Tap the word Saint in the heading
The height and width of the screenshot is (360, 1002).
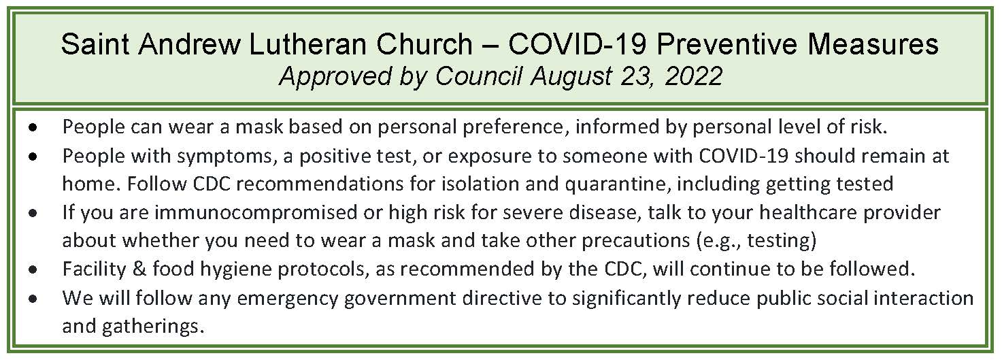(x=95, y=44)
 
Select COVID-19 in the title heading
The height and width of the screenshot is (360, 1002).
(x=578, y=44)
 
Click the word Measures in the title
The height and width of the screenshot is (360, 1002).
(x=873, y=44)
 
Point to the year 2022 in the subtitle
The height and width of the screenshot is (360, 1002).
(x=694, y=76)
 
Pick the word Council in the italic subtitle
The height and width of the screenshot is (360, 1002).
(x=479, y=76)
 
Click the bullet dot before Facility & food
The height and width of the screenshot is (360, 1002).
(x=33, y=270)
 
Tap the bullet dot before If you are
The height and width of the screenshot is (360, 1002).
(x=33, y=214)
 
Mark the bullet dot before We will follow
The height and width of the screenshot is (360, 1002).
(x=33, y=299)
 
